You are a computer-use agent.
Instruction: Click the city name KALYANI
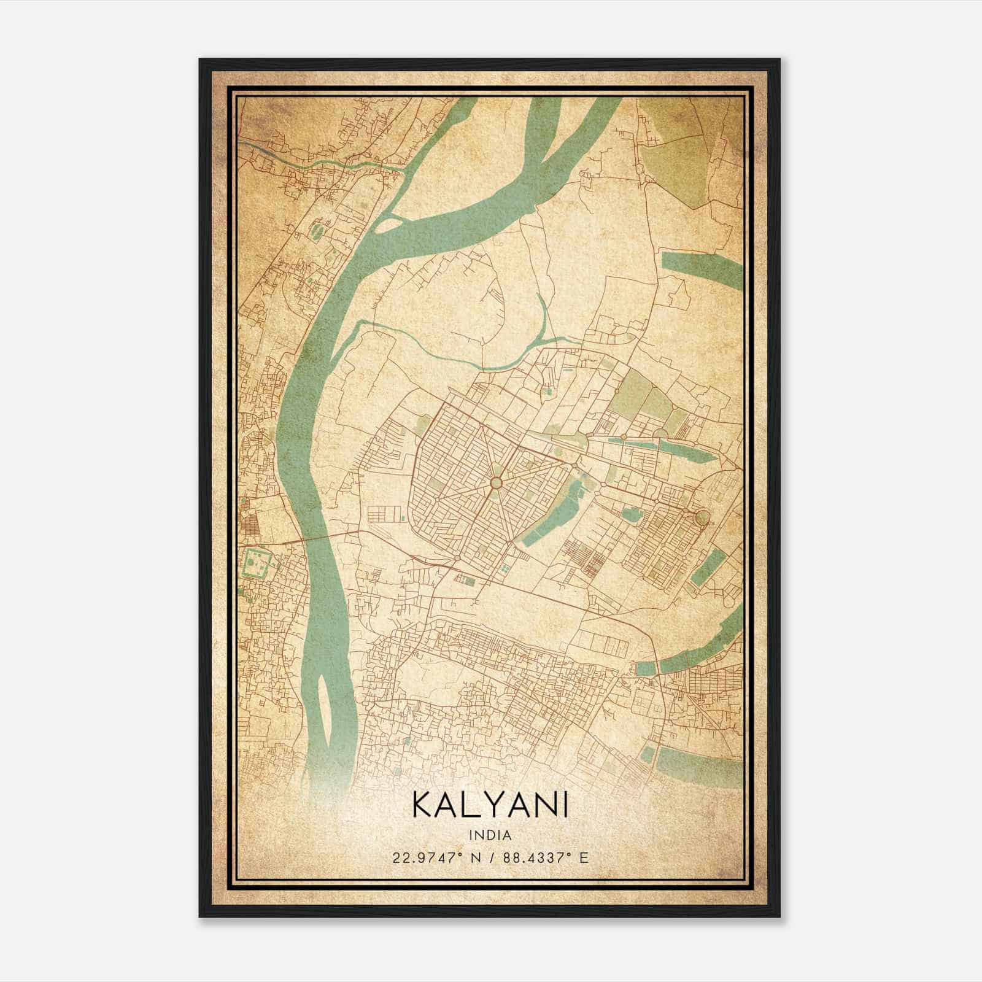pyautogui.click(x=490, y=805)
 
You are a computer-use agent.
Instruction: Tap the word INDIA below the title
pyautogui.click(x=490, y=835)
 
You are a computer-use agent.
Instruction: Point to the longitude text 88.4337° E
pyautogui.click(x=545, y=857)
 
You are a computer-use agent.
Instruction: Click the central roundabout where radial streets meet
pyautogui.click(x=495, y=483)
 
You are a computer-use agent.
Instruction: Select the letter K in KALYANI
pyautogui.click(x=424, y=805)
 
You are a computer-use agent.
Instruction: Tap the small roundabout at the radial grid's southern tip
pyautogui.click(x=458, y=557)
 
